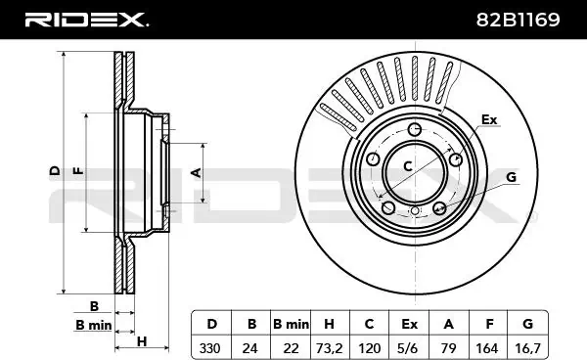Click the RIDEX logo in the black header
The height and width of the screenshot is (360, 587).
[x=86, y=20]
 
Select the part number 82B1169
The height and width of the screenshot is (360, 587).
[x=519, y=20]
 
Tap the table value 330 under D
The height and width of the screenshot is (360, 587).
[x=210, y=348]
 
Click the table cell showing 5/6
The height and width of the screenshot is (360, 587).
[x=408, y=349]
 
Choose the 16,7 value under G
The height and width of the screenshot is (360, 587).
[x=528, y=349]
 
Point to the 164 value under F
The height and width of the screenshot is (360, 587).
[x=487, y=349]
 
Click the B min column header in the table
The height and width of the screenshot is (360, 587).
[x=291, y=324]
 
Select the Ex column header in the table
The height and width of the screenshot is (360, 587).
[x=409, y=324]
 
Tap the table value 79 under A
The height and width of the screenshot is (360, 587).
[x=448, y=349]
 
